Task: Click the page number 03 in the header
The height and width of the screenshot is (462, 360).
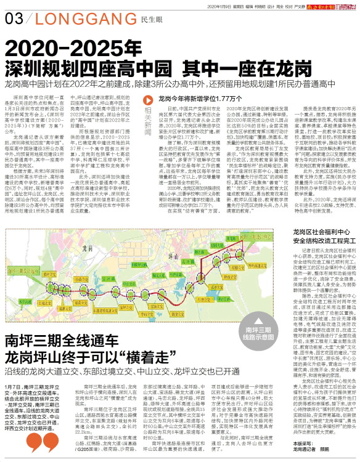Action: [14, 20]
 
